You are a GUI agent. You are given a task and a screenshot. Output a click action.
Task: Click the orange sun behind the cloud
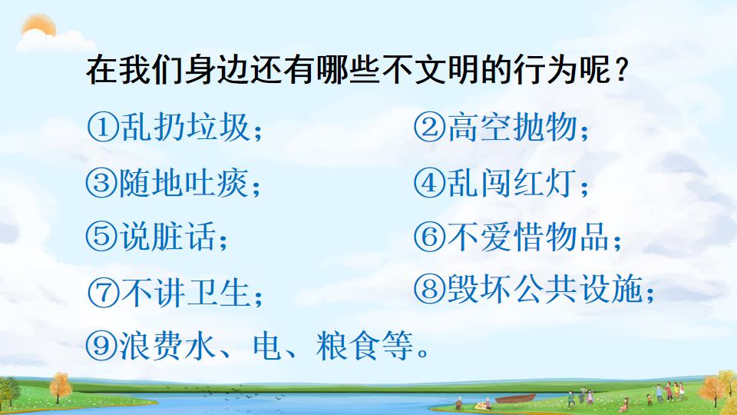coord(38,29)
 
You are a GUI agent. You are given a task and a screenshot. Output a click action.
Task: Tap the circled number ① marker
coord(103,128)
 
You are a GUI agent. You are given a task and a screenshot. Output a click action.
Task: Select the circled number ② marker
coord(429,128)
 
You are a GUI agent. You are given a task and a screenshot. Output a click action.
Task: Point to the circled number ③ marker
coord(103,184)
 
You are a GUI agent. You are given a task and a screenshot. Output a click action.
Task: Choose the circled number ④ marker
coord(429,184)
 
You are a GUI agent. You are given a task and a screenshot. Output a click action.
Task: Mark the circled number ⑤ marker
coord(103,237)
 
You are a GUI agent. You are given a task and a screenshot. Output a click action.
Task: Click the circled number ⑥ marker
coord(429,237)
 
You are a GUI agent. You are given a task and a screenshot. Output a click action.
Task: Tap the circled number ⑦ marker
coord(103,293)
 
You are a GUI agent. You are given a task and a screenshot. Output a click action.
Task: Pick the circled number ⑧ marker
coord(429,288)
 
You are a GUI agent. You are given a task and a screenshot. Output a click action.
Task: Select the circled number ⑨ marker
coord(103,347)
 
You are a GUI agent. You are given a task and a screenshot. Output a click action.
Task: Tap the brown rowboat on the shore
coord(516,399)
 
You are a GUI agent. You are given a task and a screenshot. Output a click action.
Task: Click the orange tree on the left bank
coord(60,388)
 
